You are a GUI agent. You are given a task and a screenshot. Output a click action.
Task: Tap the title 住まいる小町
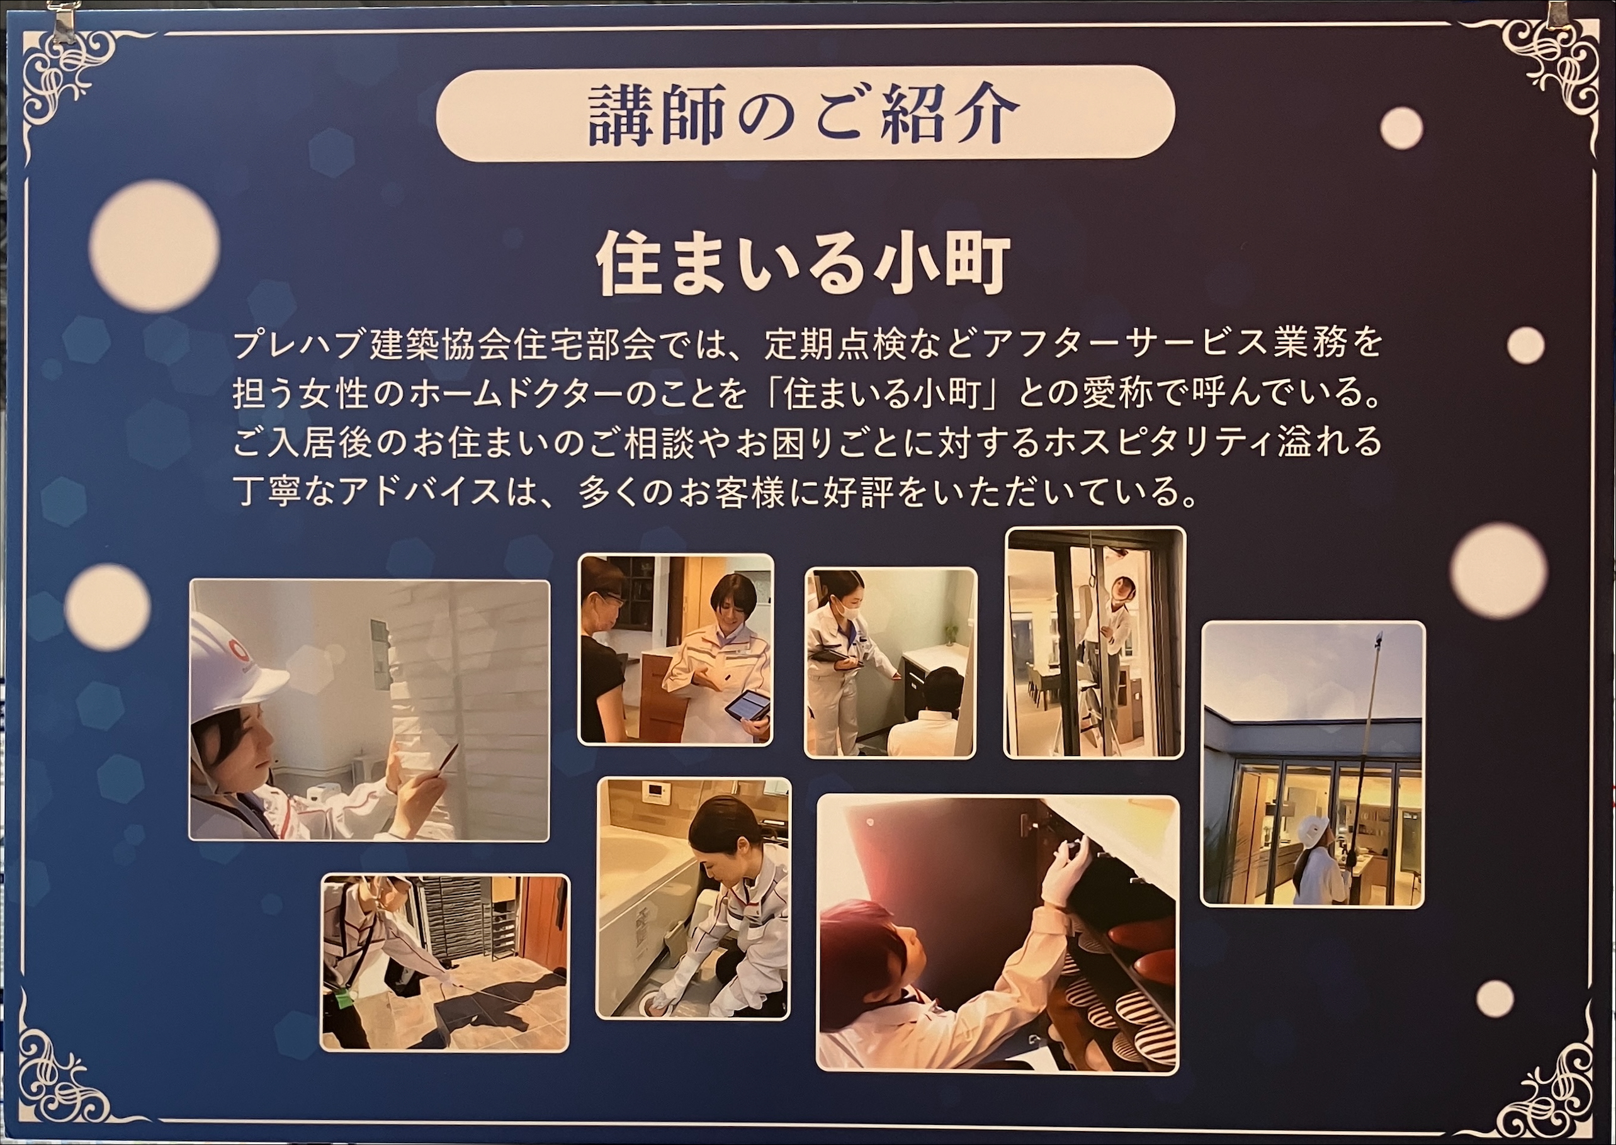point(804,265)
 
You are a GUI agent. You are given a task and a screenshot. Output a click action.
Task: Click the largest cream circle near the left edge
point(154,246)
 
